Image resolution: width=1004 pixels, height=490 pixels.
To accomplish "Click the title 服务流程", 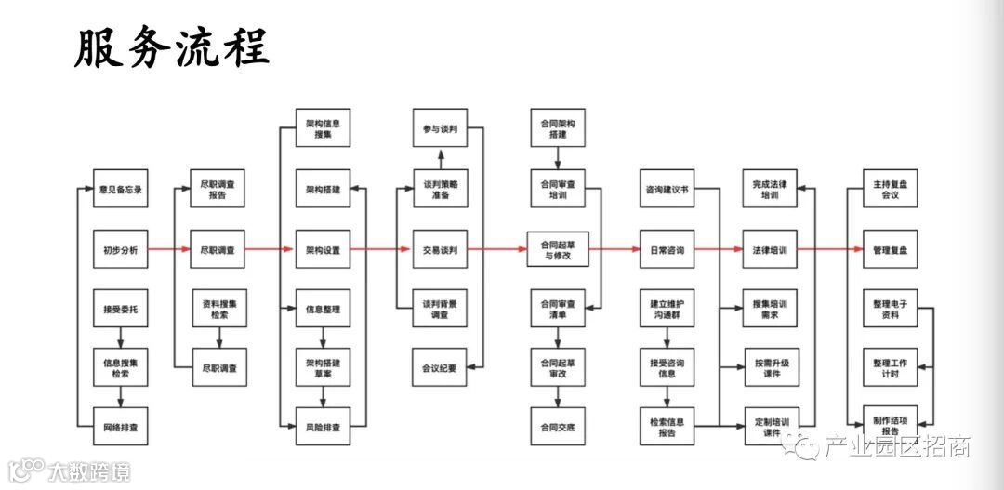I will point(172,48).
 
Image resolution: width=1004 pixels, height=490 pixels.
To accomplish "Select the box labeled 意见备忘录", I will point(121,190).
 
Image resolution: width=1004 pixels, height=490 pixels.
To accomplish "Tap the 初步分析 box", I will point(121,250).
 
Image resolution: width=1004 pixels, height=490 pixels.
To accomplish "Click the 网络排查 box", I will point(121,427).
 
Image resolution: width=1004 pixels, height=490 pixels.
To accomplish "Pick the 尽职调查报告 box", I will point(218,190).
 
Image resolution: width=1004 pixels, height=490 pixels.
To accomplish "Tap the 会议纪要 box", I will point(440,368).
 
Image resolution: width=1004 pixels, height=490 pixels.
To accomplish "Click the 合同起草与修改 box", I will point(558,250).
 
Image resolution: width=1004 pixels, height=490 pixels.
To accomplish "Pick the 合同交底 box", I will point(558,427).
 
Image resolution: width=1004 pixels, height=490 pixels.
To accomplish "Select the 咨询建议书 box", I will point(667,190).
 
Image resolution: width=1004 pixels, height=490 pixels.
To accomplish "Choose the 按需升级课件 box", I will point(771,368).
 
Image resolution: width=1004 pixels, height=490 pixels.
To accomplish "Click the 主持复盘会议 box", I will point(890,190).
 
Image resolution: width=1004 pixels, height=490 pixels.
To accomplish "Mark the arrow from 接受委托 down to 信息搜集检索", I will point(121,338).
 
